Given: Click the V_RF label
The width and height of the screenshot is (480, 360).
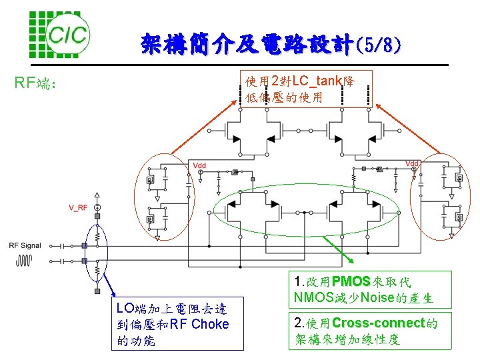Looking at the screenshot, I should click(78, 208).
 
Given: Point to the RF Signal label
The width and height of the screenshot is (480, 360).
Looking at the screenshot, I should click(25, 245).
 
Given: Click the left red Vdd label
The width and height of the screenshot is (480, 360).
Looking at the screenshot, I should click(199, 165).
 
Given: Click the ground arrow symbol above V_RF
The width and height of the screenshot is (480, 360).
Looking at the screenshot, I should click(97, 197).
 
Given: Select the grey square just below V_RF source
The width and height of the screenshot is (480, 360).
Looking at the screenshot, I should click(97, 217).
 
